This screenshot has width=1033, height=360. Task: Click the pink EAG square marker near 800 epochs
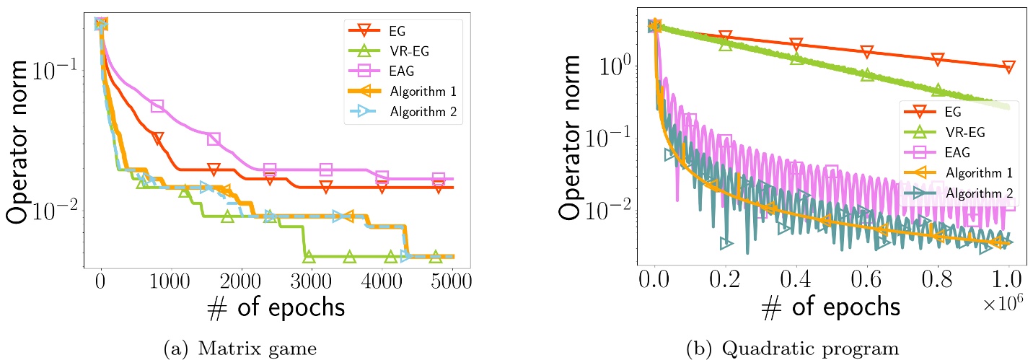[x=157, y=106]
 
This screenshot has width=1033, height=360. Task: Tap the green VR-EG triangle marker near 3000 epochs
[x=309, y=256]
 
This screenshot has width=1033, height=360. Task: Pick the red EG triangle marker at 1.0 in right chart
[x=1008, y=67]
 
